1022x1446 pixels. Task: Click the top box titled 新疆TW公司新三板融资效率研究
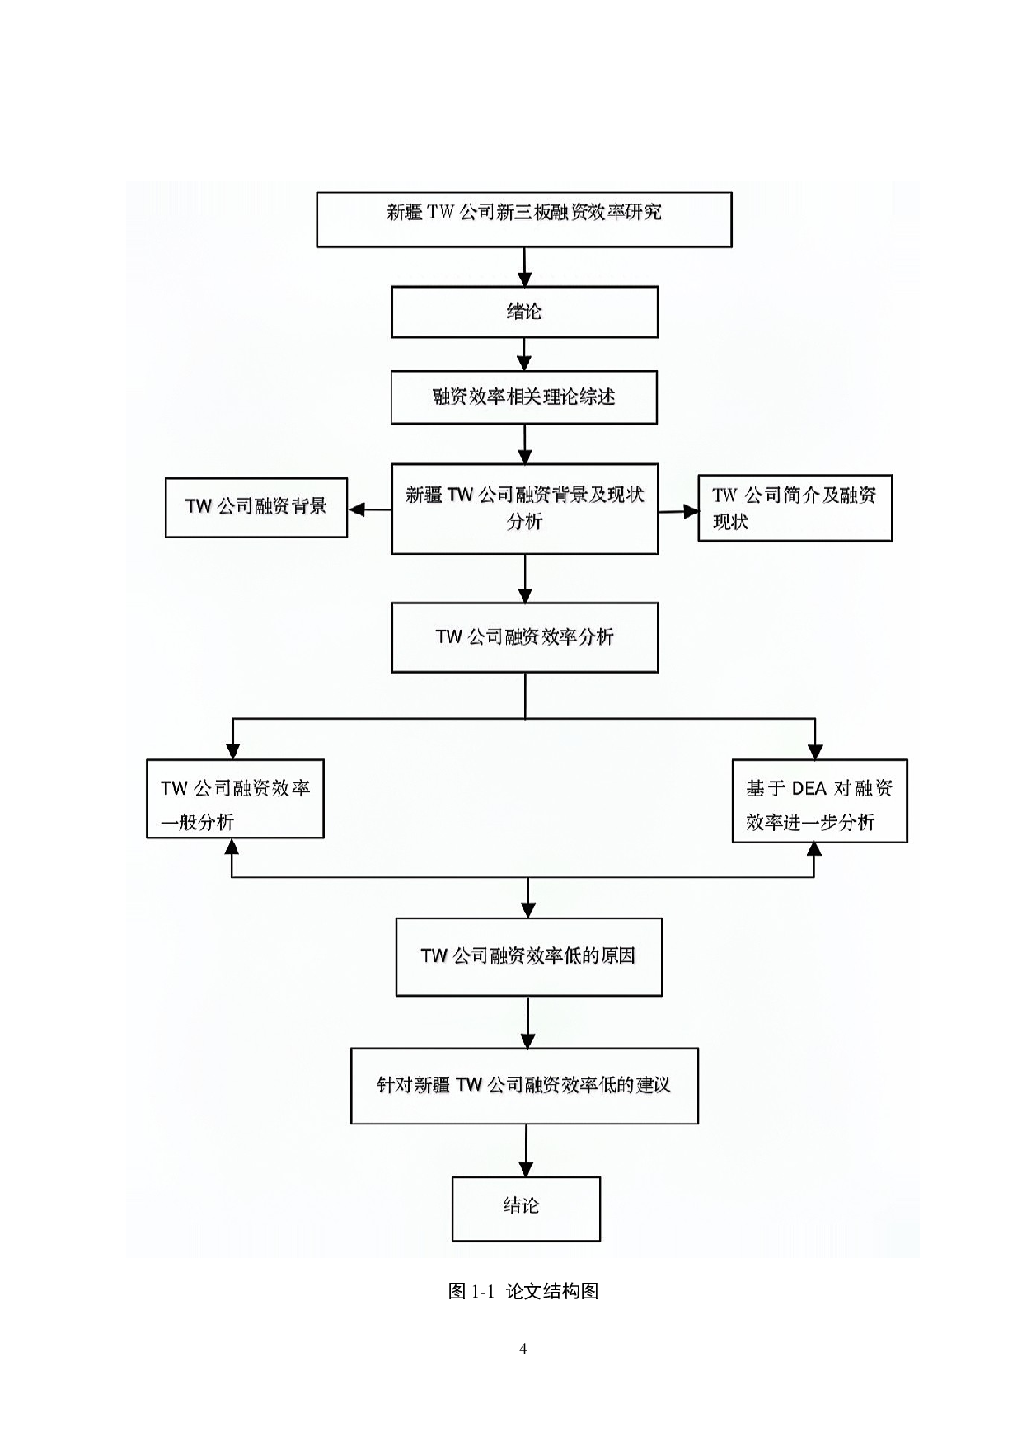click(x=524, y=219)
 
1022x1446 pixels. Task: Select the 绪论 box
click(x=524, y=312)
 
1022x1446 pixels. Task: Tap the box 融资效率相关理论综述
click(x=524, y=397)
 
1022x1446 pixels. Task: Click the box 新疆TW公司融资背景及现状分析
click(x=524, y=508)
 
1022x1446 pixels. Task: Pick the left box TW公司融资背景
click(x=255, y=507)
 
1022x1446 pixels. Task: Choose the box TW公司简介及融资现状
click(x=795, y=508)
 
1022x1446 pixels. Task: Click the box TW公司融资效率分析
click(x=524, y=637)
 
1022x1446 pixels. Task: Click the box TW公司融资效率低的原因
click(x=528, y=956)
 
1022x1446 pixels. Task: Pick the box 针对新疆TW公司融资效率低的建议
click(x=524, y=1086)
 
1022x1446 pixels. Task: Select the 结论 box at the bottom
click(x=526, y=1209)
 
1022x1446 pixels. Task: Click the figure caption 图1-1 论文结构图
click(x=523, y=1291)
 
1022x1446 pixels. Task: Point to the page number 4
click(x=523, y=1349)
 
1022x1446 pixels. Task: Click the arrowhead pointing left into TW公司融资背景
click(x=357, y=509)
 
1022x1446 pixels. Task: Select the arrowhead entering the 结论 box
click(x=526, y=1169)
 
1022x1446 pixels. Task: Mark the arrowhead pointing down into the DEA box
click(x=814, y=750)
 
